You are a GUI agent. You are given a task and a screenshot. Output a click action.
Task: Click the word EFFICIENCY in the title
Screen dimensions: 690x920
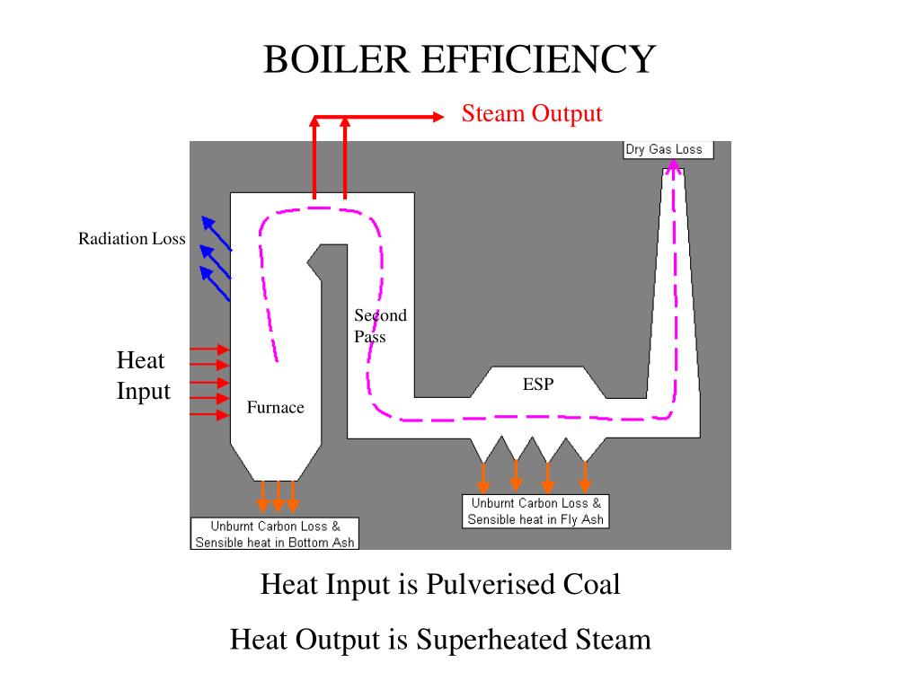click(x=538, y=60)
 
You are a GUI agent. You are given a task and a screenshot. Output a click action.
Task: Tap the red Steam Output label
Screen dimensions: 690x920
click(x=532, y=114)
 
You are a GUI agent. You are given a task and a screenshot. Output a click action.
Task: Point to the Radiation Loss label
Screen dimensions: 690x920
click(x=131, y=239)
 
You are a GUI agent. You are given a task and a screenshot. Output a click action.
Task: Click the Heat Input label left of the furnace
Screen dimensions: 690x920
click(x=143, y=376)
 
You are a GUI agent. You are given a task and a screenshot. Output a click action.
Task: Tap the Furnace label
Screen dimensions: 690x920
click(x=276, y=408)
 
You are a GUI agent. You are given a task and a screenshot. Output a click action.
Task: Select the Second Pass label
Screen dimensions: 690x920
click(x=379, y=326)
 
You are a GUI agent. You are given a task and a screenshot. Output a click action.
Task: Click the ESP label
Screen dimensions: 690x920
click(x=538, y=385)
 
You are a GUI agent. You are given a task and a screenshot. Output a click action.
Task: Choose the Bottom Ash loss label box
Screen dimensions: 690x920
click(x=276, y=534)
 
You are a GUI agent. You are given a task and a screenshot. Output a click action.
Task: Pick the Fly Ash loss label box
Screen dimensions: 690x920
click(x=536, y=511)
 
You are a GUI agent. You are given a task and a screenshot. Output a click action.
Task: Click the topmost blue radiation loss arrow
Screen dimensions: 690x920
click(x=216, y=232)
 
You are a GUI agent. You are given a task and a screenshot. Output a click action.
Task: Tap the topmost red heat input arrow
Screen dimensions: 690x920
click(x=210, y=349)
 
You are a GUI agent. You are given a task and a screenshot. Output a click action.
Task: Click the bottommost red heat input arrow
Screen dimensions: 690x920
click(x=210, y=415)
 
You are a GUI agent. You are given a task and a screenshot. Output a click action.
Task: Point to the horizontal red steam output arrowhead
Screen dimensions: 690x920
click(x=438, y=116)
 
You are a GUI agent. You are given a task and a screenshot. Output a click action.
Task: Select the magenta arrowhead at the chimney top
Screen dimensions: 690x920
click(x=673, y=166)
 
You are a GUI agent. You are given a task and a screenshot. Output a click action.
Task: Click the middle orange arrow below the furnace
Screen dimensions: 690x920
click(x=278, y=497)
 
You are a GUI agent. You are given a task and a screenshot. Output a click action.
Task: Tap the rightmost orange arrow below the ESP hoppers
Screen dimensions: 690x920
click(x=585, y=476)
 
